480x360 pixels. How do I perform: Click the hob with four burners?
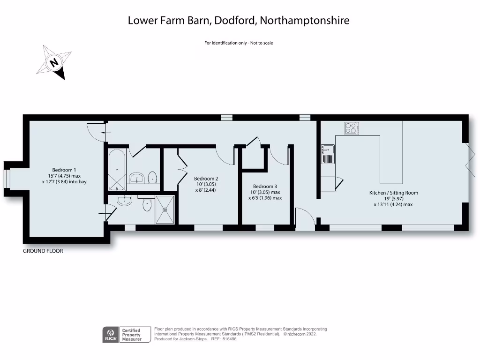click(x=351, y=127)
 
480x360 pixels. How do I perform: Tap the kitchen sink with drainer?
click(x=328, y=154)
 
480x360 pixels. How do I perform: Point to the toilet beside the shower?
click(x=148, y=203)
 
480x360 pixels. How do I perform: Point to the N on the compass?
click(x=55, y=63)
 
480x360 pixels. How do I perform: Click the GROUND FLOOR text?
click(x=43, y=251)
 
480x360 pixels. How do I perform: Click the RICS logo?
click(x=110, y=335)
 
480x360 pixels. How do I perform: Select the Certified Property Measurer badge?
click(x=136, y=335)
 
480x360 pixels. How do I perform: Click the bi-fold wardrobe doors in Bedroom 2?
click(x=182, y=167)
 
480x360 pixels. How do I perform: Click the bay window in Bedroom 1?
click(x=7, y=179)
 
